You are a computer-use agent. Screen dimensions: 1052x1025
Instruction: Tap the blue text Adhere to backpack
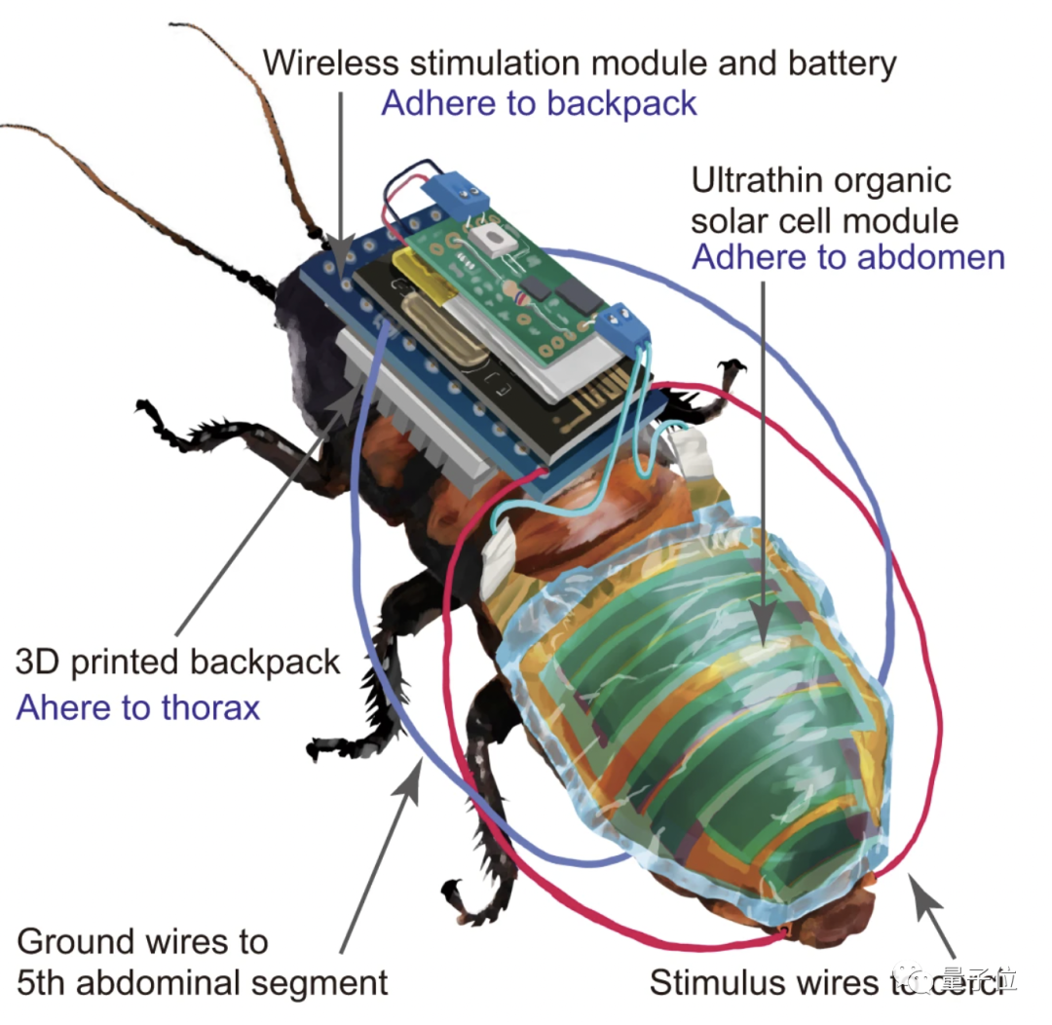pyautogui.click(x=539, y=102)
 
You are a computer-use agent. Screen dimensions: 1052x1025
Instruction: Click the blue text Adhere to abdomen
pyautogui.click(x=847, y=257)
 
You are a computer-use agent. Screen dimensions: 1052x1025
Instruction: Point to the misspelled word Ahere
pyautogui.click(x=68, y=705)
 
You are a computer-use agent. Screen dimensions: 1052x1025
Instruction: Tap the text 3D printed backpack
pyautogui.click(x=178, y=663)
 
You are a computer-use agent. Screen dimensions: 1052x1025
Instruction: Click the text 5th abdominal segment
pyautogui.click(x=203, y=981)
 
